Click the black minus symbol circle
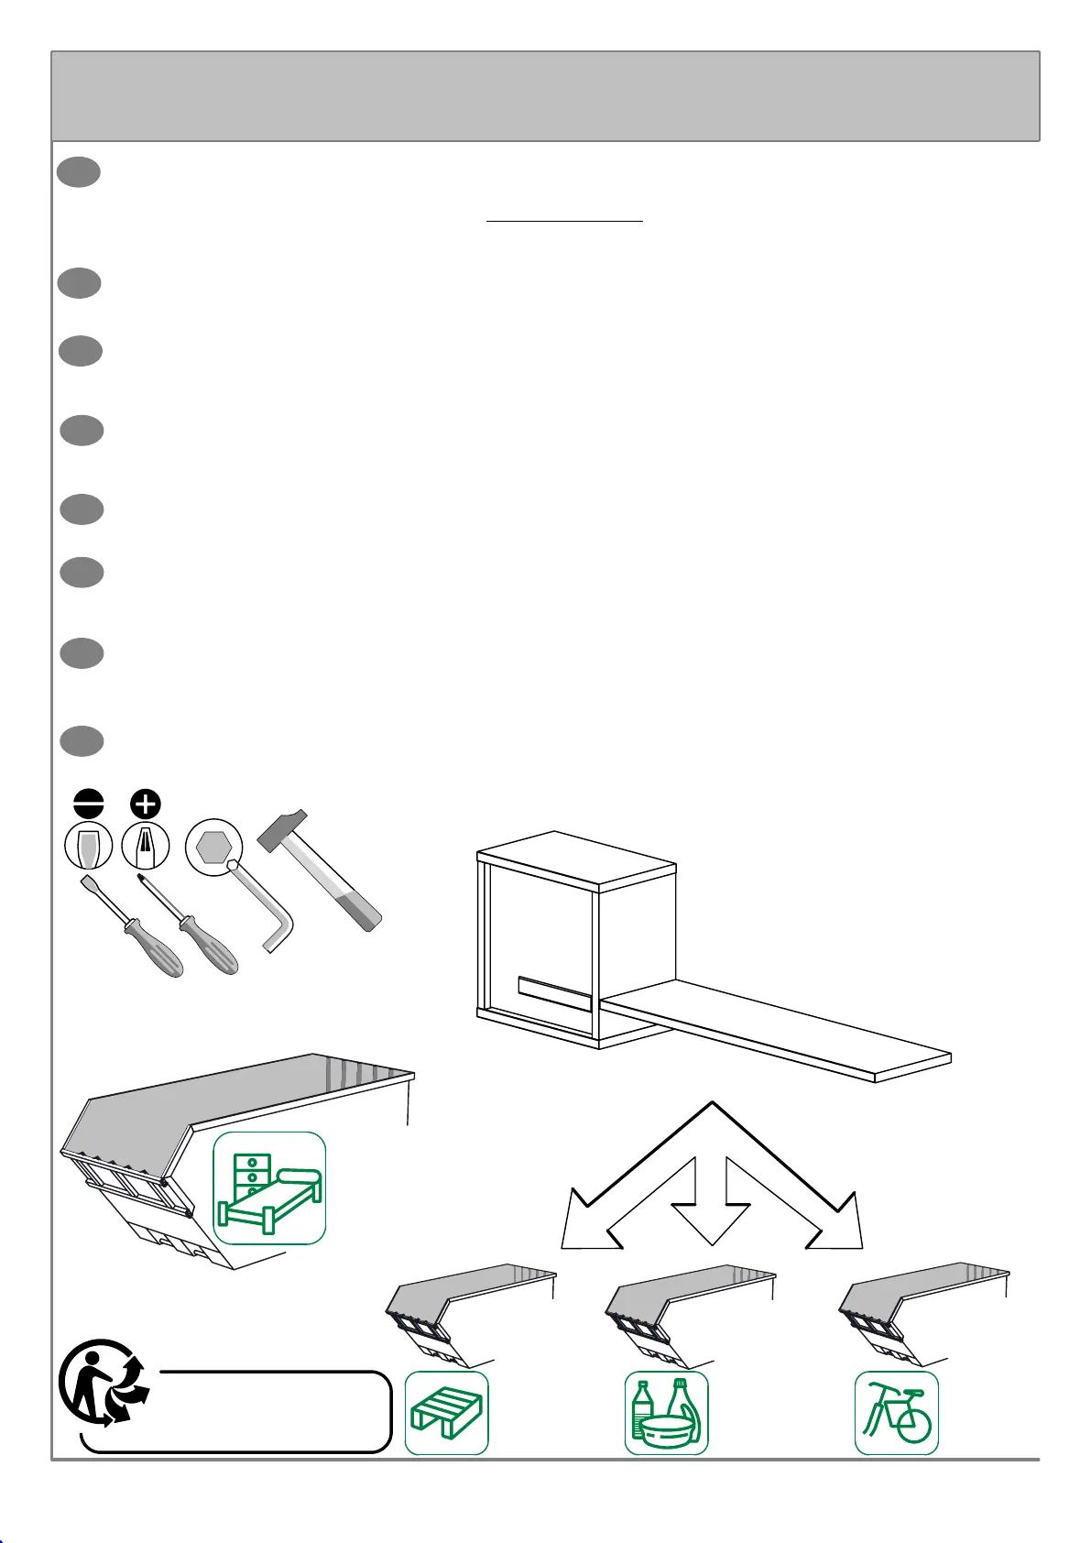point(89,804)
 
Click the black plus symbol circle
point(145,804)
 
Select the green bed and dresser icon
point(269,1188)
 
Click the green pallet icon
point(447,1412)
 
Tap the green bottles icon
point(667,1412)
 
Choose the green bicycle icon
point(897,1412)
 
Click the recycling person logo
point(103,1383)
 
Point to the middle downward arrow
point(712,1200)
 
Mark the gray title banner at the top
point(545,96)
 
